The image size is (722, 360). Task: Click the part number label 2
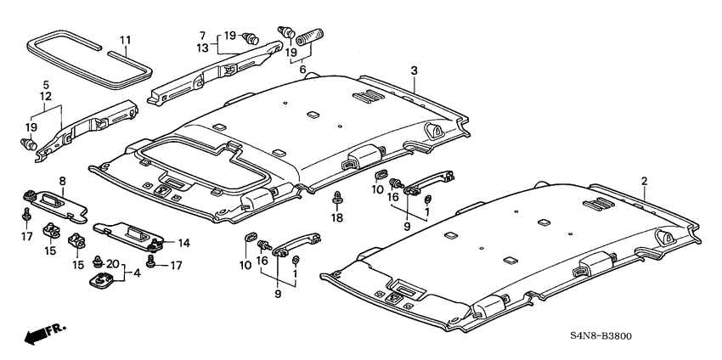click(x=644, y=181)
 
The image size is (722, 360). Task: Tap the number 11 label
click(x=125, y=41)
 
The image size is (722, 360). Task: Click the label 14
click(x=183, y=242)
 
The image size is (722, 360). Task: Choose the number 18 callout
click(x=337, y=218)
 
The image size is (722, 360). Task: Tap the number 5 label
click(x=48, y=85)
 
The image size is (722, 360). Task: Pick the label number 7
click(x=202, y=35)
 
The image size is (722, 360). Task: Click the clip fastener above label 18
click(x=337, y=200)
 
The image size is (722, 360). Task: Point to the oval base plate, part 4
click(x=101, y=280)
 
